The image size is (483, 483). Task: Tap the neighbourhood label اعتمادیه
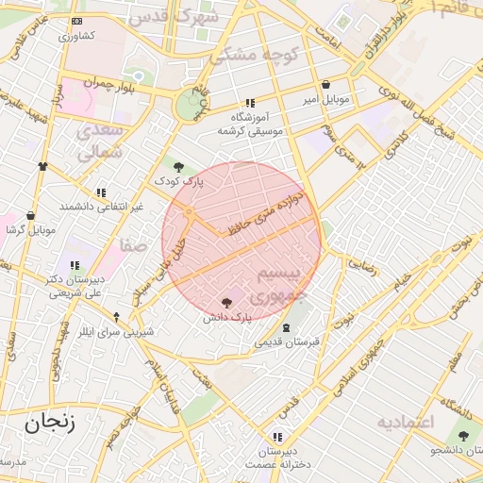coord(405,422)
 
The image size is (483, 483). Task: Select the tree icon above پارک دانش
coord(225,303)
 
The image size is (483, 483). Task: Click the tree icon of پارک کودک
coord(178,166)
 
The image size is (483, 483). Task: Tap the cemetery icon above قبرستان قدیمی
coord(287,326)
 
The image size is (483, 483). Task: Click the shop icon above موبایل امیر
coord(325,84)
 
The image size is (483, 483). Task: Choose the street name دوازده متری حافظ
coord(267,212)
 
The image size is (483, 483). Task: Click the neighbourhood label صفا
coord(132,245)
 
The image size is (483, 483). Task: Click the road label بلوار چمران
coord(92,84)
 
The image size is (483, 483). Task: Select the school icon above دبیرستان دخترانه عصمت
coord(276,437)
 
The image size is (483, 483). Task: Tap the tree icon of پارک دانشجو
coord(463,434)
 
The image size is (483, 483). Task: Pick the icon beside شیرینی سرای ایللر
coord(116,317)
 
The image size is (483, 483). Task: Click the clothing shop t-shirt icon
coord(42,166)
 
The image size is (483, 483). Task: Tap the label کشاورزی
coord(76,37)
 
